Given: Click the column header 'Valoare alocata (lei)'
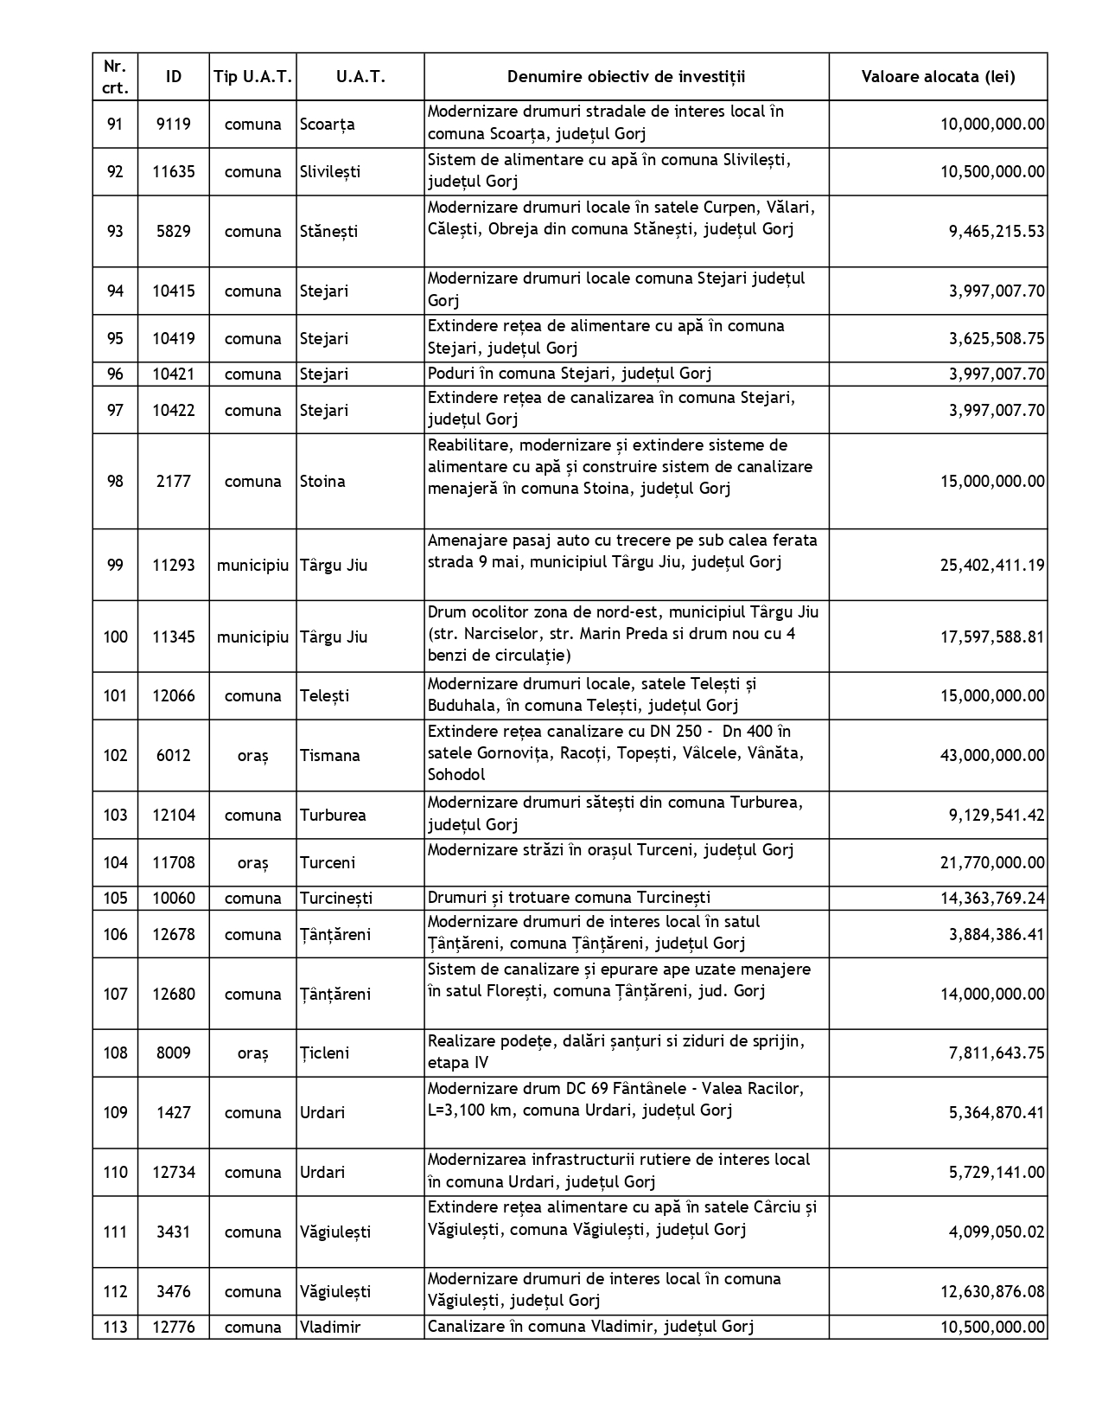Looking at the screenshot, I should click(938, 77).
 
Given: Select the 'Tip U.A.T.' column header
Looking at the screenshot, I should click(252, 77).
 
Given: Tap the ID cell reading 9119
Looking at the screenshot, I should click(173, 124).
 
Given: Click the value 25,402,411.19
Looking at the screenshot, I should click(992, 566).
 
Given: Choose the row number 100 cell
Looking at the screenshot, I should click(115, 637).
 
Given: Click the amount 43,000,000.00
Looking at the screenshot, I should click(992, 756).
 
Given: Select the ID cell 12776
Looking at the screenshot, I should click(173, 1328).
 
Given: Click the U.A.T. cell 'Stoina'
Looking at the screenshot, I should click(322, 482).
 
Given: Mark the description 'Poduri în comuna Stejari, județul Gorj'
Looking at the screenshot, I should click(570, 374).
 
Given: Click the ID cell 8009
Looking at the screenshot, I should click(173, 1053).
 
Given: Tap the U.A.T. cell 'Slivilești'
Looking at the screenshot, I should click(330, 172).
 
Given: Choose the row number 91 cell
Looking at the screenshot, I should click(115, 124).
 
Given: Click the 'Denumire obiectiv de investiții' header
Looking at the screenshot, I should click(626, 77).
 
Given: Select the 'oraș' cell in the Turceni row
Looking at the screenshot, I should click(252, 863).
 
